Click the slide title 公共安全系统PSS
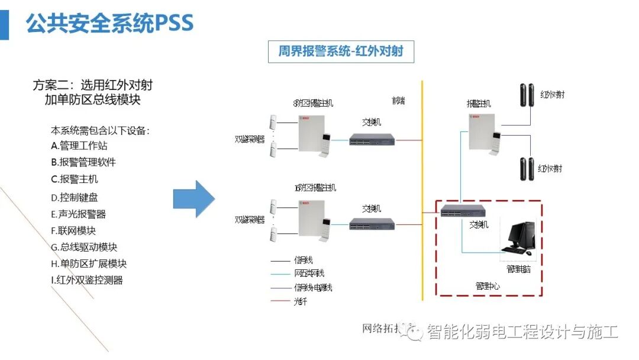[110, 23]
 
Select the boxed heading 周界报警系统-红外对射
[341, 52]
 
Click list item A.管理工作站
[79, 146]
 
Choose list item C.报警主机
[75, 179]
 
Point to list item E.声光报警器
[79, 214]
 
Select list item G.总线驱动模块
[83, 247]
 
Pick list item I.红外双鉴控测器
[87, 281]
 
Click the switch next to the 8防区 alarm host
[372, 140]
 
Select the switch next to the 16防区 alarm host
[372, 224]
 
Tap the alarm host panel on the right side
[482, 131]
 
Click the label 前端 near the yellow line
[398, 101]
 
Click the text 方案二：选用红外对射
[93, 85]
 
